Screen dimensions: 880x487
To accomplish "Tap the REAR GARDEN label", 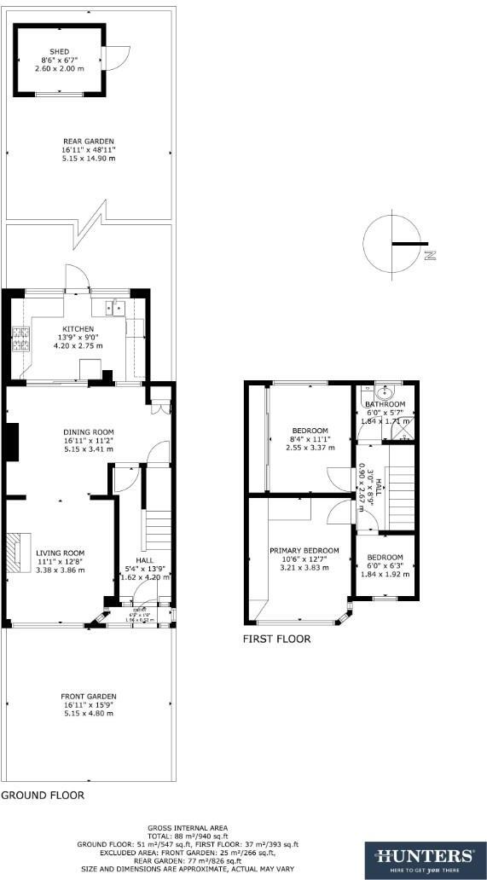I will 88,142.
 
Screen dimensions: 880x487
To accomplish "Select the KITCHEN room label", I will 78,328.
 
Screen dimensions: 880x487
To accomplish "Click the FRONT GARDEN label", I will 88,696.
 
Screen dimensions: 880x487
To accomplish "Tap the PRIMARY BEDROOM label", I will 304,550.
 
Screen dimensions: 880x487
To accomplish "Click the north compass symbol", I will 394,244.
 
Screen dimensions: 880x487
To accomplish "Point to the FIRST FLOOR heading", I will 277,639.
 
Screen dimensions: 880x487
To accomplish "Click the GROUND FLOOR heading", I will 43,795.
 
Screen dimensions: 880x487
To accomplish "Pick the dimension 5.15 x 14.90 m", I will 88,159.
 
